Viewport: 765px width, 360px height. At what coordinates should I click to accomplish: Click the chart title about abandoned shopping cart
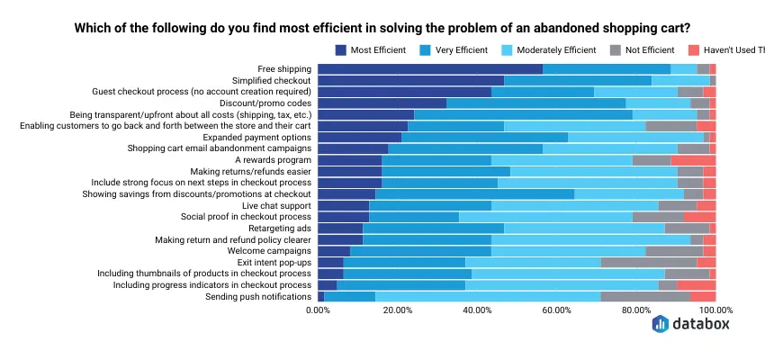click(382, 28)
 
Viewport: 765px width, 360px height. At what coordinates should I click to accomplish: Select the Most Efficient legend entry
click(370, 49)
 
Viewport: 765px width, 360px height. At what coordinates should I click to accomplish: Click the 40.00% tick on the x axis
click(477, 310)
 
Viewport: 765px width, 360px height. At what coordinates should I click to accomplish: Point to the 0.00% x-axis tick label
click(318, 310)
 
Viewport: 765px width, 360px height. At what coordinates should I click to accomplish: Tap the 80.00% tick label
click(636, 310)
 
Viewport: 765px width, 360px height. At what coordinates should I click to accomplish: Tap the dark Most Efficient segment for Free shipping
click(430, 68)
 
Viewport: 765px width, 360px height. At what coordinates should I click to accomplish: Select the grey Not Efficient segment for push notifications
click(645, 296)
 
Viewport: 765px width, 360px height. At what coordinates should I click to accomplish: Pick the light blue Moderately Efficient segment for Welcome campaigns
click(568, 251)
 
